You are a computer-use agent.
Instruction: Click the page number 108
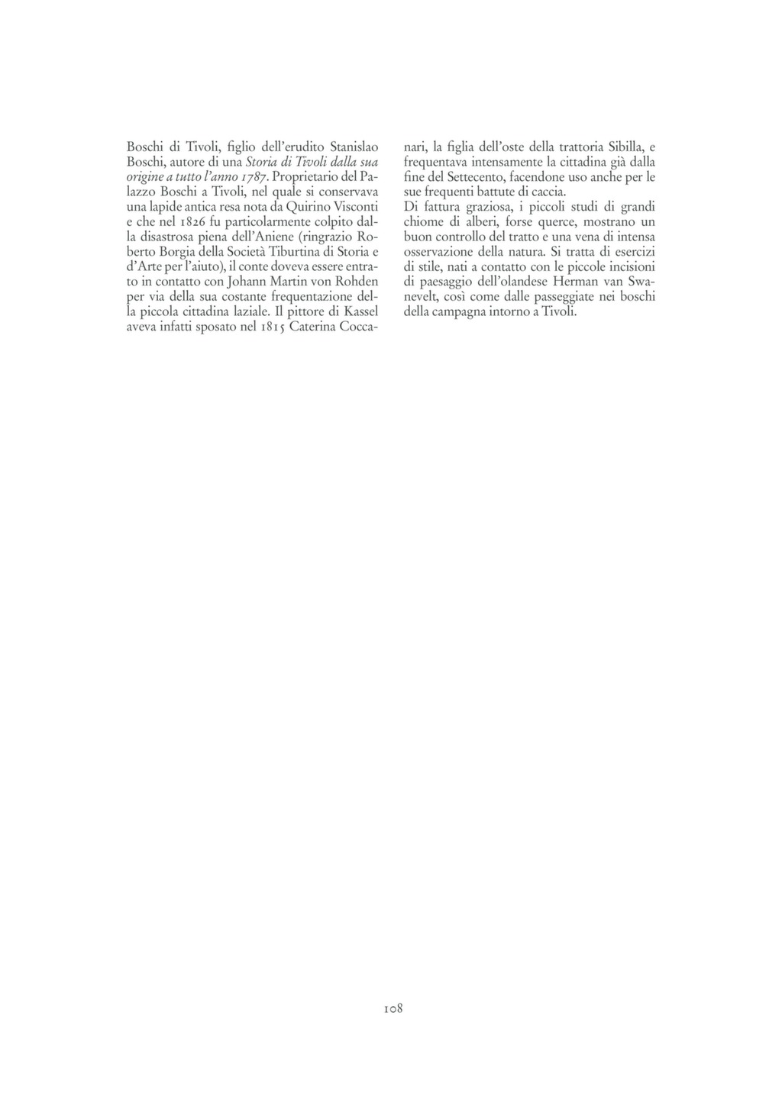click(393, 1008)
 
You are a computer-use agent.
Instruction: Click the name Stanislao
click(354, 146)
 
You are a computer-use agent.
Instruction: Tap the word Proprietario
click(308, 176)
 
